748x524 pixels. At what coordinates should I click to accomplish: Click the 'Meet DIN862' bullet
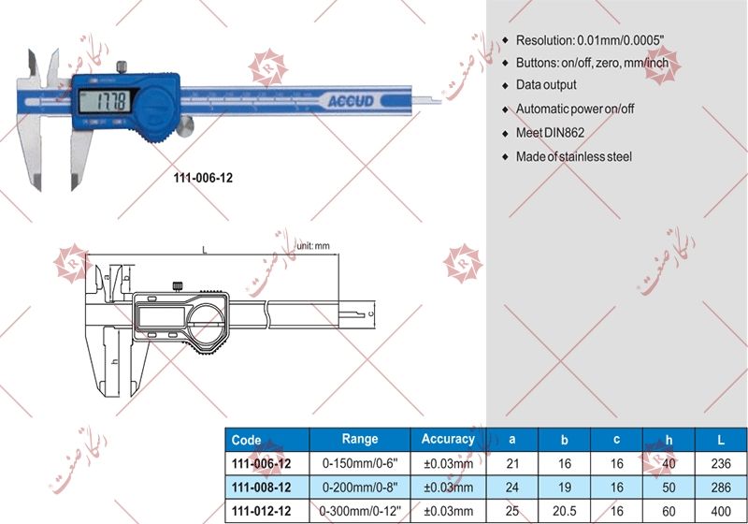point(549,133)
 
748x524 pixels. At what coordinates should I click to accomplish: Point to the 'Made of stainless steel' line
point(573,156)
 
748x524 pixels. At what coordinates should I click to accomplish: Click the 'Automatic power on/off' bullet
point(575,109)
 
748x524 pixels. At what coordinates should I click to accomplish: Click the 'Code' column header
point(247,440)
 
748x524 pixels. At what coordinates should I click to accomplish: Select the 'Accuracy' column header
point(448,439)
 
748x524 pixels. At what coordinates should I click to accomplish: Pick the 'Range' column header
point(360,439)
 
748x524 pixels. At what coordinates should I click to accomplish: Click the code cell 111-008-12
point(261,488)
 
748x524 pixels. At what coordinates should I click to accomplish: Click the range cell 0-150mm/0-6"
point(360,463)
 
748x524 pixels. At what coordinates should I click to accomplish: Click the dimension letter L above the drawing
point(204,249)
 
